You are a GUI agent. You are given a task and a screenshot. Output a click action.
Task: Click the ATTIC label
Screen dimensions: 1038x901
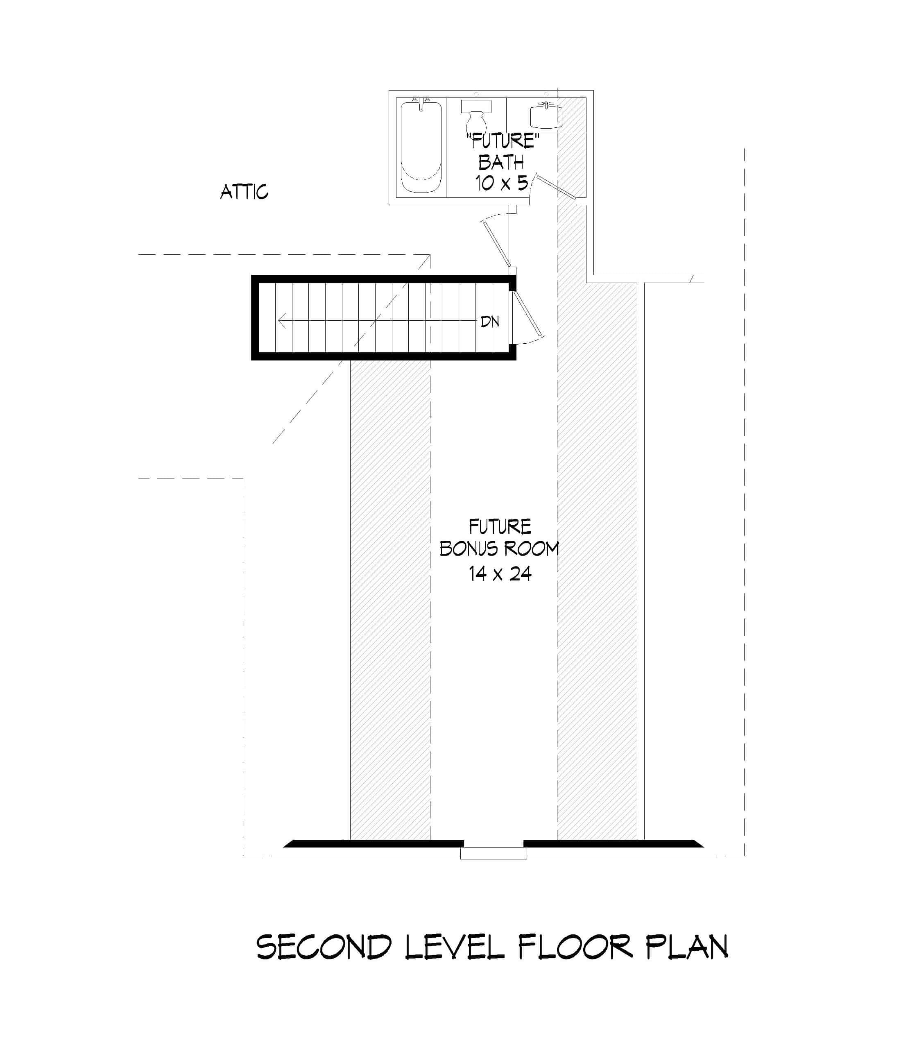click(x=244, y=192)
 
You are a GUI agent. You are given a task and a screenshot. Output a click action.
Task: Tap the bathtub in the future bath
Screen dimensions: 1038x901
click(x=421, y=148)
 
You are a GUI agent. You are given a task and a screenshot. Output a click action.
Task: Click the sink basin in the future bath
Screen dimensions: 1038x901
click(x=546, y=117)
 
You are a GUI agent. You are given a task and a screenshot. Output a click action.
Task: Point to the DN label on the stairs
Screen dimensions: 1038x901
click(x=490, y=322)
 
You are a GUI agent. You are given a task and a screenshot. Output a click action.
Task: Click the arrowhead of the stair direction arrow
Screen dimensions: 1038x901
click(x=283, y=320)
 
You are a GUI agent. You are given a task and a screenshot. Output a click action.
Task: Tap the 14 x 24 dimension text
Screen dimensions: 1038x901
click(x=500, y=574)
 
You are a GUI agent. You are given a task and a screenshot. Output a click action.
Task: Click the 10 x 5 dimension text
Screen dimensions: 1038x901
click(x=501, y=184)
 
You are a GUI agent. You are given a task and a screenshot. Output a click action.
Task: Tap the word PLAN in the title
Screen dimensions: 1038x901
click(x=686, y=947)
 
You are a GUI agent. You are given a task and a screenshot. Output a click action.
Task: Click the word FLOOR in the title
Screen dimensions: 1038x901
click(x=575, y=947)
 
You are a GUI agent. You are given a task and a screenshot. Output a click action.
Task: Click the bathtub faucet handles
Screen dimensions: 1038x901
click(x=421, y=101)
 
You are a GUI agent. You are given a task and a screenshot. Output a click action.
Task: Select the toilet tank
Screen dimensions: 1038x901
click(x=475, y=106)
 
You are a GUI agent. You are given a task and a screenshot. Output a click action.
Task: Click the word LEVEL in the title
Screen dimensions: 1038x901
click(x=454, y=947)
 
